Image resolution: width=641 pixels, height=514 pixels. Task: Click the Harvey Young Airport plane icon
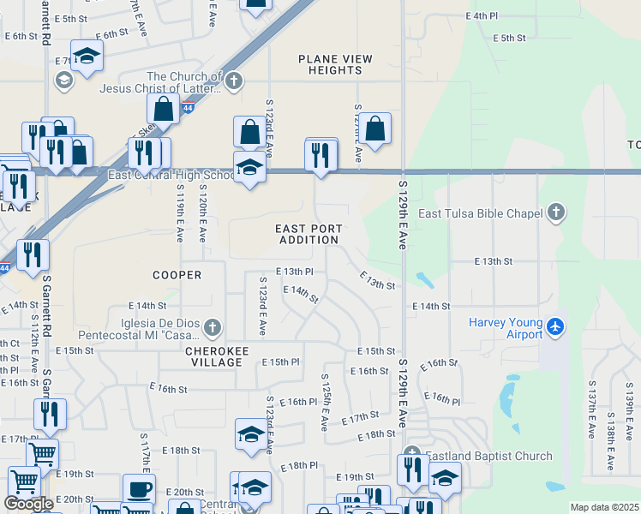point(556,326)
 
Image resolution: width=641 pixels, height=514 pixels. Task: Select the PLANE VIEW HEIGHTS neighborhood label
point(336,64)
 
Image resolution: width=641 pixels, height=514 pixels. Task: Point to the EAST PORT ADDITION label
point(309,234)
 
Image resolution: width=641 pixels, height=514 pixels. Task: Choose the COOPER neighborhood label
point(177,275)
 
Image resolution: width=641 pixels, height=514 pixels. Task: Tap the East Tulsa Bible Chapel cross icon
point(556,212)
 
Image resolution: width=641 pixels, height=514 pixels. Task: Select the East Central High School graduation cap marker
point(249,166)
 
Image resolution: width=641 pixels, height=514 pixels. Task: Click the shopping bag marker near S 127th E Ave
point(374,128)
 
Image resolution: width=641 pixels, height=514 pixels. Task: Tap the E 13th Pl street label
point(294,271)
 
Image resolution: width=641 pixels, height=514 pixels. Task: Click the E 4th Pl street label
point(482,16)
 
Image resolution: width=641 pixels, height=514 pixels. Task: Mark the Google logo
point(28,504)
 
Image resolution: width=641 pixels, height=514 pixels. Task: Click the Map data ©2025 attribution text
point(603,507)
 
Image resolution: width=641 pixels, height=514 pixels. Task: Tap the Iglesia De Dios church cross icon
point(213,326)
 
